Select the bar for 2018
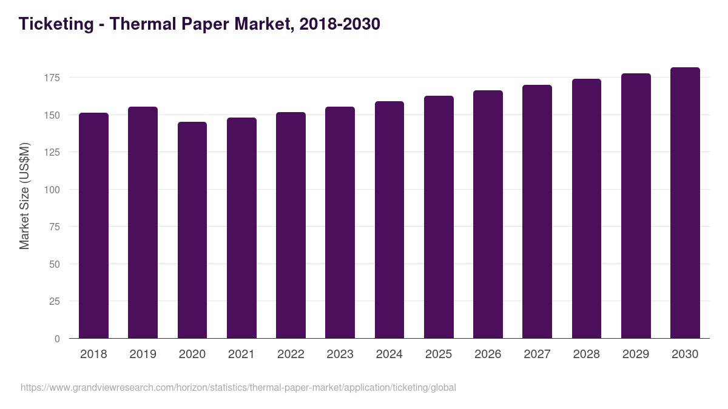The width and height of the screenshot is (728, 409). pyautogui.click(x=93, y=225)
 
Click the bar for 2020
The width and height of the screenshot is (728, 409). pyautogui.click(x=192, y=230)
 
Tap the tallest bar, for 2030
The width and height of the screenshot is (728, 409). pyautogui.click(x=685, y=203)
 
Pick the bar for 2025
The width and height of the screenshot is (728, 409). pyautogui.click(x=439, y=217)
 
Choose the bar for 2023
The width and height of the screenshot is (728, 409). pyautogui.click(x=340, y=222)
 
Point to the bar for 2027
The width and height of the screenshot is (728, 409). pyautogui.click(x=537, y=211)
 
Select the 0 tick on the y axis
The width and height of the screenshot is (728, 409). pyautogui.click(x=57, y=339)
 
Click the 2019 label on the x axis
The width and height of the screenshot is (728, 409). pyautogui.click(x=143, y=354)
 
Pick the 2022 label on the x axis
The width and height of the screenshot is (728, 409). pyautogui.click(x=291, y=354)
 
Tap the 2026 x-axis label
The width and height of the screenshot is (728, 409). pyautogui.click(x=488, y=354)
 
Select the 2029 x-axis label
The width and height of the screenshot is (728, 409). pyautogui.click(x=636, y=354)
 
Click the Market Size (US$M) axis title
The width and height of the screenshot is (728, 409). pyautogui.click(x=24, y=196)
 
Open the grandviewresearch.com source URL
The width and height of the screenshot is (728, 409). pyautogui.click(x=238, y=387)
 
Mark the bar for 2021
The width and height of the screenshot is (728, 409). pyautogui.click(x=241, y=228)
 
